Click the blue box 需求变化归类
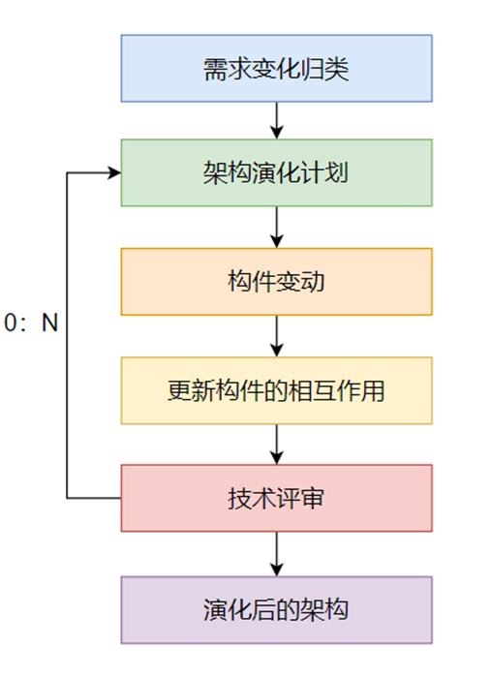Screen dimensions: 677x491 coord(276,69)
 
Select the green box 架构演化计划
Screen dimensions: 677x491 coord(276,173)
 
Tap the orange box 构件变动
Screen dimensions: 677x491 coord(276,282)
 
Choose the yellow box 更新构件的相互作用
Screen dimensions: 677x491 coord(276,390)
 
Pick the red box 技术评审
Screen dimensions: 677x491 coord(276,499)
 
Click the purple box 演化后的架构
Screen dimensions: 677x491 coord(276,610)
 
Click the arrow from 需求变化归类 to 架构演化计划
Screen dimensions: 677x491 coord(277,120)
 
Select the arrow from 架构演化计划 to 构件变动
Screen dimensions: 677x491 coord(277,228)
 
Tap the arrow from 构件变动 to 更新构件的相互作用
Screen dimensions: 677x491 coord(277,336)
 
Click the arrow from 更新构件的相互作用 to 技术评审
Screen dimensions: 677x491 coord(277,445)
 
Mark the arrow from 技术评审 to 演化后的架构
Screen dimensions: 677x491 coord(277,554)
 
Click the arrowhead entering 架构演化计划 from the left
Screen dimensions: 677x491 coord(114,173)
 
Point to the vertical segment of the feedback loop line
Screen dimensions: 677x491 coord(67,387)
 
